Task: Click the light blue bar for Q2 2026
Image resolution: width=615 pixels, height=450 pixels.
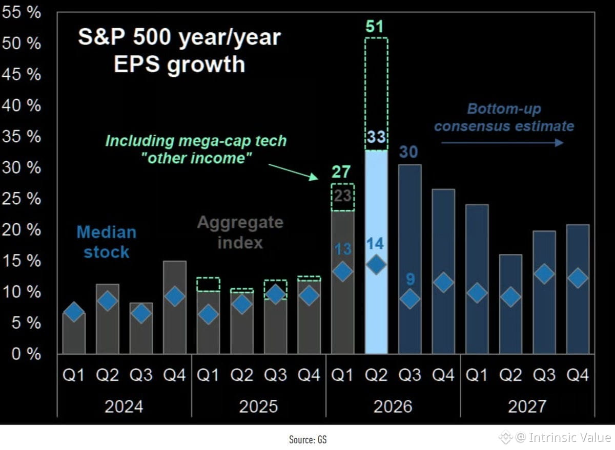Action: [376, 252]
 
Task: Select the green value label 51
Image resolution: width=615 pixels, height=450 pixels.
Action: [375, 27]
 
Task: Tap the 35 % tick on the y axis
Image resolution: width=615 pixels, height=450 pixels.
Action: [22, 136]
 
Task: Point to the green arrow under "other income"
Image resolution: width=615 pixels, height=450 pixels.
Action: [293, 172]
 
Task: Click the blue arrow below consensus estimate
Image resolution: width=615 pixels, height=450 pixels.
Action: [502, 143]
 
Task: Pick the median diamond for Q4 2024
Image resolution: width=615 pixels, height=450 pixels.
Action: [175, 296]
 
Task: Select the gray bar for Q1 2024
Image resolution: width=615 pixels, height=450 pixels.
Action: [74, 333]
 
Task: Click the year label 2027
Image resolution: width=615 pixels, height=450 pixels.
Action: [527, 406]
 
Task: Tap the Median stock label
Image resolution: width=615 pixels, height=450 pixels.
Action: [107, 242]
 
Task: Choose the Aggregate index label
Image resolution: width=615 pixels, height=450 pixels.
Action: [240, 232]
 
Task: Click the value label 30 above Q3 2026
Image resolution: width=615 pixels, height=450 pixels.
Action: [408, 152]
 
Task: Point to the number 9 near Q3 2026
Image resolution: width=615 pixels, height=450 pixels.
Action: [411, 280]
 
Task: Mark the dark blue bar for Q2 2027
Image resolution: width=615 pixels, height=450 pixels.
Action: [510, 305]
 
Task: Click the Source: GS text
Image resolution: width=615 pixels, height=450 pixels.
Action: [308, 440]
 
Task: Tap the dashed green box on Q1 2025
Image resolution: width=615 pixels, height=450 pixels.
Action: [208, 284]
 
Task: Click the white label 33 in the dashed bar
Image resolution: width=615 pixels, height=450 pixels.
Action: [376, 137]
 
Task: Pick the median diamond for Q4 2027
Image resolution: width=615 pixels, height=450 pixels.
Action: [578, 278]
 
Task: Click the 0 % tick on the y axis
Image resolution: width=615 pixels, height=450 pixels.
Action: [26, 354]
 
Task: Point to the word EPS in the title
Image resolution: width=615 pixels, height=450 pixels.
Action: [136, 65]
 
